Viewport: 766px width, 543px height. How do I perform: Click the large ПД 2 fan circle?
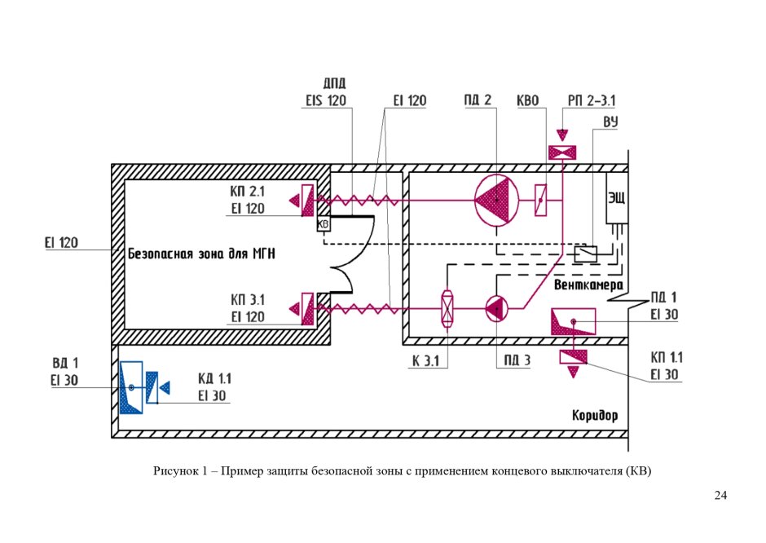pyautogui.click(x=495, y=200)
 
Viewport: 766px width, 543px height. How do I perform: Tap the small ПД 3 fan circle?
pyautogui.click(x=496, y=308)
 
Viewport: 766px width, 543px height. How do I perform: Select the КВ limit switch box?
pyautogui.click(x=323, y=224)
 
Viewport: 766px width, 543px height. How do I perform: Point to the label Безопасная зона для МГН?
pyautogui.click(x=201, y=254)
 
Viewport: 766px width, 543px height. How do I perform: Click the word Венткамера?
pyautogui.click(x=588, y=286)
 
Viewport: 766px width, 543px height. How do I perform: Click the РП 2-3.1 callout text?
pyautogui.click(x=592, y=100)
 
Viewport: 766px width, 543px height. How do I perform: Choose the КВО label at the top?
pyautogui.click(x=528, y=100)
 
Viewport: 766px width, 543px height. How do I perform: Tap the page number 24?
pyautogui.click(x=720, y=495)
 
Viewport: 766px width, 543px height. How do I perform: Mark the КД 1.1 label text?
pyautogui.click(x=214, y=378)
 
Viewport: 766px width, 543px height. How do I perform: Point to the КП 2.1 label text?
pyautogui.click(x=247, y=192)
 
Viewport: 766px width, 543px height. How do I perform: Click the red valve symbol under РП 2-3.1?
pyautogui.click(x=562, y=152)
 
